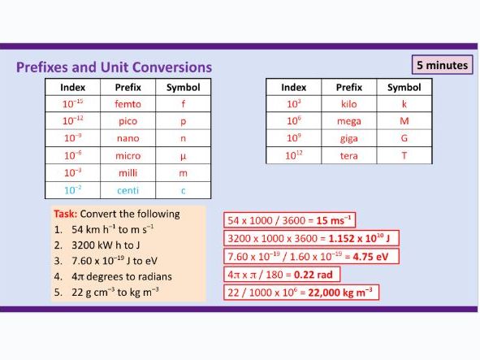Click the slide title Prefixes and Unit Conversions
(114, 67)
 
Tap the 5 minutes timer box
(441, 65)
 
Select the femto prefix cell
(128, 104)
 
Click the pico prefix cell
(128, 121)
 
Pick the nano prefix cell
(128, 138)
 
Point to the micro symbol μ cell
(183, 155)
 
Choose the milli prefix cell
(128, 172)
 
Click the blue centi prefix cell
(128, 189)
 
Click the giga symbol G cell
(404, 138)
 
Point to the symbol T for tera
(404, 155)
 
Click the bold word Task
(65, 214)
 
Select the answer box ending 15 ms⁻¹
(289, 219)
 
